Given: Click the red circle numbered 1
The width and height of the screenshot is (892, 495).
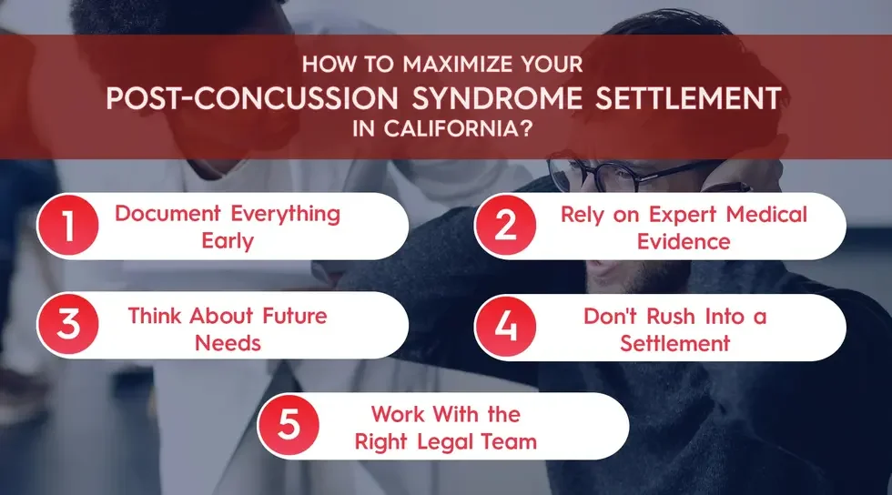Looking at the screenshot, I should click(x=69, y=227).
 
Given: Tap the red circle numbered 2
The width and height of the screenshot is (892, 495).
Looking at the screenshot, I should click(x=507, y=227).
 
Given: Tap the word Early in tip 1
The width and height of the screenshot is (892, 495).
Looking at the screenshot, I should click(x=227, y=242).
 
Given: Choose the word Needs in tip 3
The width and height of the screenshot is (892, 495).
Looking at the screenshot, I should click(x=227, y=343).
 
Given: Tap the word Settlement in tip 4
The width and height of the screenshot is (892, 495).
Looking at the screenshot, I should click(x=674, y=343).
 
